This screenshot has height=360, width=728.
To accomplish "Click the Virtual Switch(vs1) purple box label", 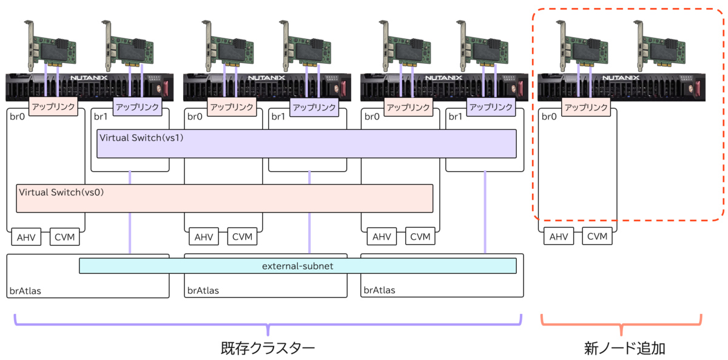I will click(141, 138).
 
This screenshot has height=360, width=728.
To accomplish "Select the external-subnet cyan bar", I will click(297, 266).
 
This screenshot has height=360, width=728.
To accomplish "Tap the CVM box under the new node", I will click(597, 236).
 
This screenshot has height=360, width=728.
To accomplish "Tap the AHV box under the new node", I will click(558, 236).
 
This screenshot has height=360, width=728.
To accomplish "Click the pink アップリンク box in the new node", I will click(585, 107).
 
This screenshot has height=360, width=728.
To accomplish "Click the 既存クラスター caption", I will click(268, 348).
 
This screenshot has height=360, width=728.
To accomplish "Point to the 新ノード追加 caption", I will click(621, 348).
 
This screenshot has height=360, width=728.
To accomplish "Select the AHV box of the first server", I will click(26, 236).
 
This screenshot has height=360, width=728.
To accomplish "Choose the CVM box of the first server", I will click(65, 236).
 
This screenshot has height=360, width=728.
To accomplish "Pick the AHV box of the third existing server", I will click(381, 236).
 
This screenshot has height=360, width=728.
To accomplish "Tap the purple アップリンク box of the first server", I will click(137, 107).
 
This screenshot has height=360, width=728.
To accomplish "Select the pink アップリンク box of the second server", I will click(231, 107).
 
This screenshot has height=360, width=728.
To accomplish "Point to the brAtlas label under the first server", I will click(25, 290).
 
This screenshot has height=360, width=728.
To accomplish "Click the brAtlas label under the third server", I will click(379, 290).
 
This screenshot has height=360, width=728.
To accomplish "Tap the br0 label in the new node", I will click(549, 116).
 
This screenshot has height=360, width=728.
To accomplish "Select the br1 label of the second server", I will click(277, 116).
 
